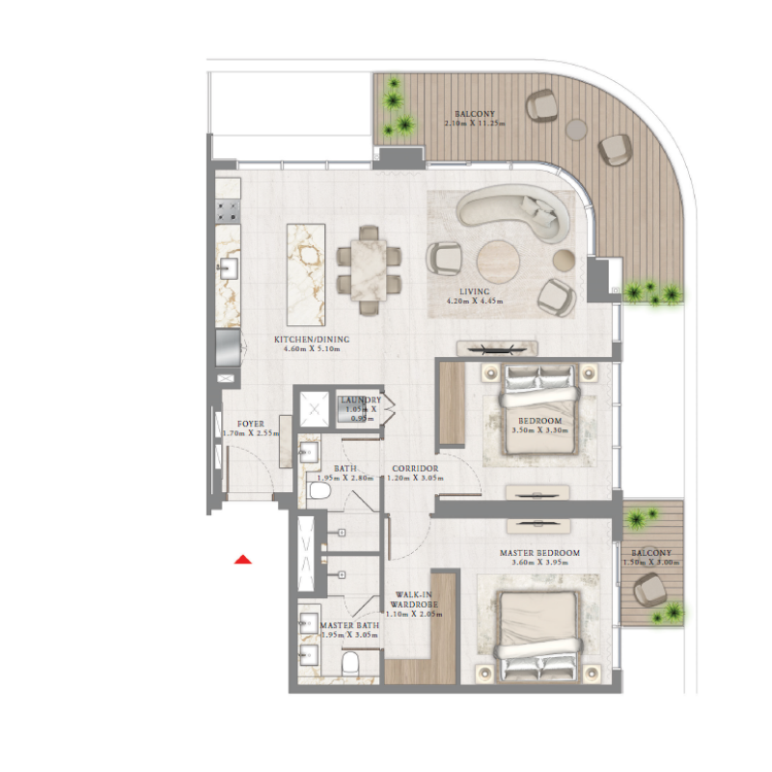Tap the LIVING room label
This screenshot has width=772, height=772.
point(475,291)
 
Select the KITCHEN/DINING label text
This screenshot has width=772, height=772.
point(312,340)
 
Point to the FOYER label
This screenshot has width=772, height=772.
point(251,424)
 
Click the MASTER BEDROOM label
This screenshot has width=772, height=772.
point(539,553)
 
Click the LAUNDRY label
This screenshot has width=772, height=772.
point(360,400)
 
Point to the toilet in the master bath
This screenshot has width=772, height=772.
point(353,664)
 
